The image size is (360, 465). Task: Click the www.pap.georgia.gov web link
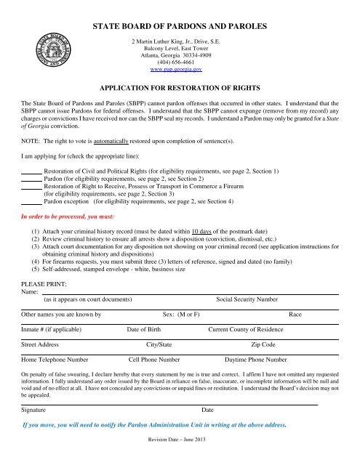pos(179,70)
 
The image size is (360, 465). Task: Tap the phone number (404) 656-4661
pos(179,62)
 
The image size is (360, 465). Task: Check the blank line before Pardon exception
pos(32,203)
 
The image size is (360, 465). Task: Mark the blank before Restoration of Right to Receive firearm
pos(32,186)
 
